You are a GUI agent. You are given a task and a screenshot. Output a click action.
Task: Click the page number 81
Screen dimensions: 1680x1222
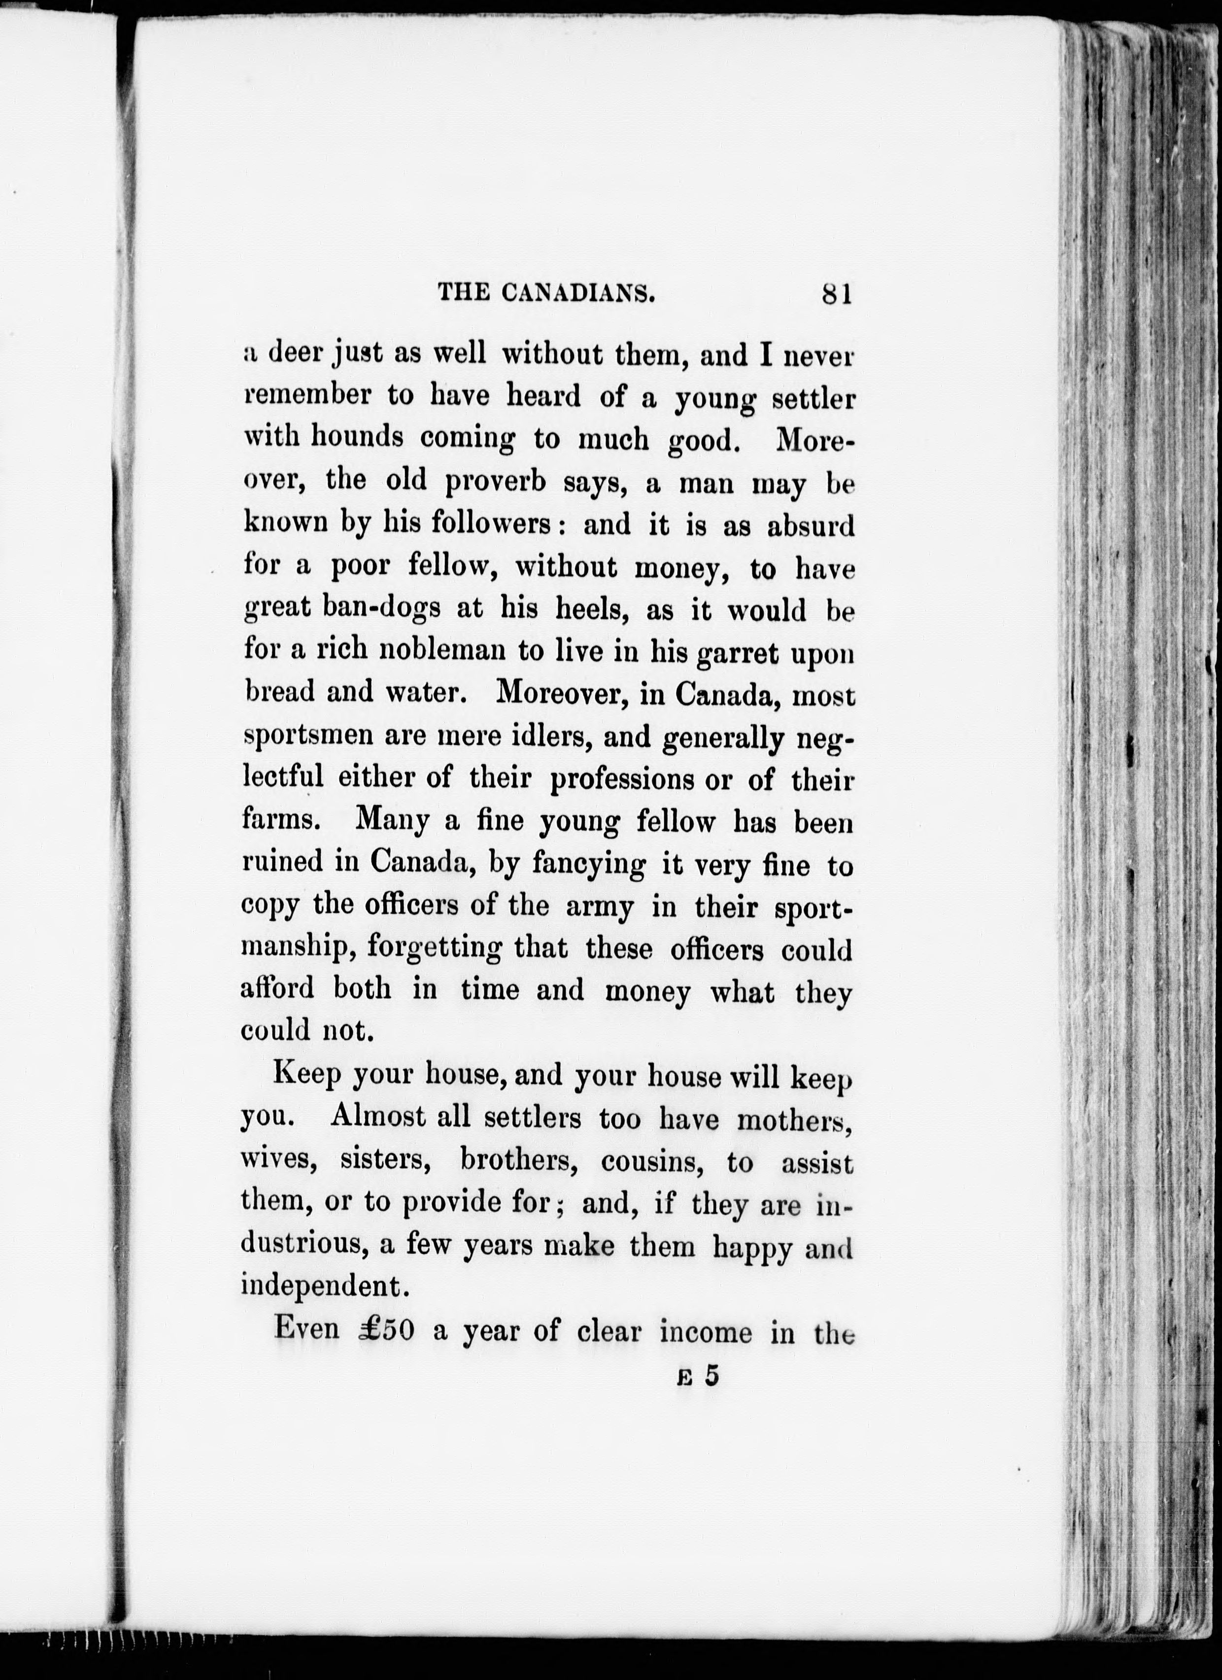[x=837, y=294]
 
